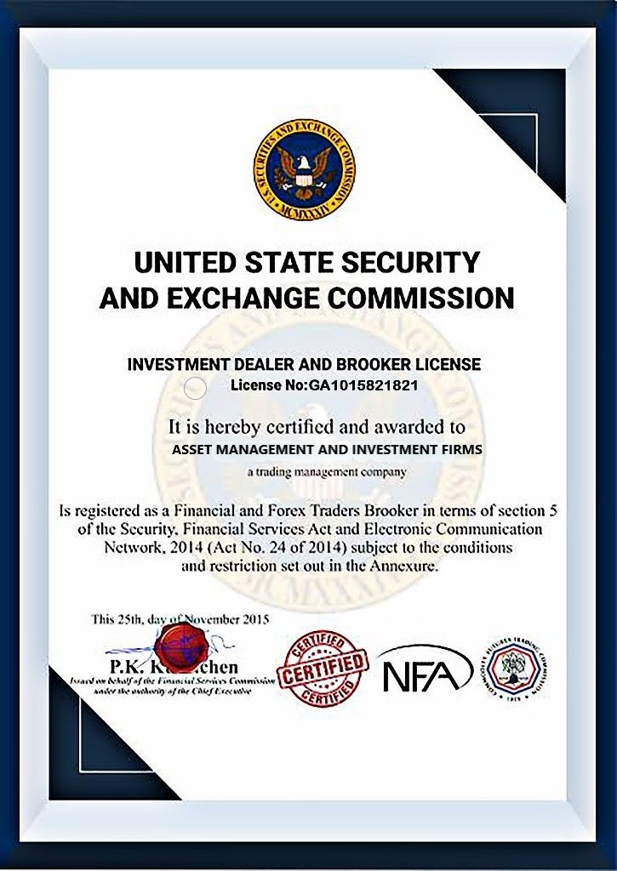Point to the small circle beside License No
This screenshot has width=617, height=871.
point(195,389)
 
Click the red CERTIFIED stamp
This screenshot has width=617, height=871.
point(324,668)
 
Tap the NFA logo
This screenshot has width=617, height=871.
point(425,669)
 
